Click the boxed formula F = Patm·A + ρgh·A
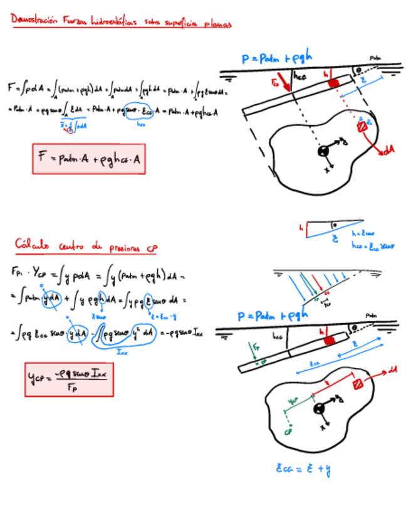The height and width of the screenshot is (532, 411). tap(90, 159)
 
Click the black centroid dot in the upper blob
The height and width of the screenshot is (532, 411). tap(323, 151)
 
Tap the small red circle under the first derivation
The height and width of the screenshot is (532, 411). tap(70, 130)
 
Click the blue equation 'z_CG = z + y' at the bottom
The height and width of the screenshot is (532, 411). tap(303, 468)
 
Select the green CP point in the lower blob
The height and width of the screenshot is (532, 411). tap(286, 429)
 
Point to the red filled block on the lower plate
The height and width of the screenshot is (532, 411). tap(328, 340)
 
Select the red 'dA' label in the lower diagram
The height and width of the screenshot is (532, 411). tap(393, 370)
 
